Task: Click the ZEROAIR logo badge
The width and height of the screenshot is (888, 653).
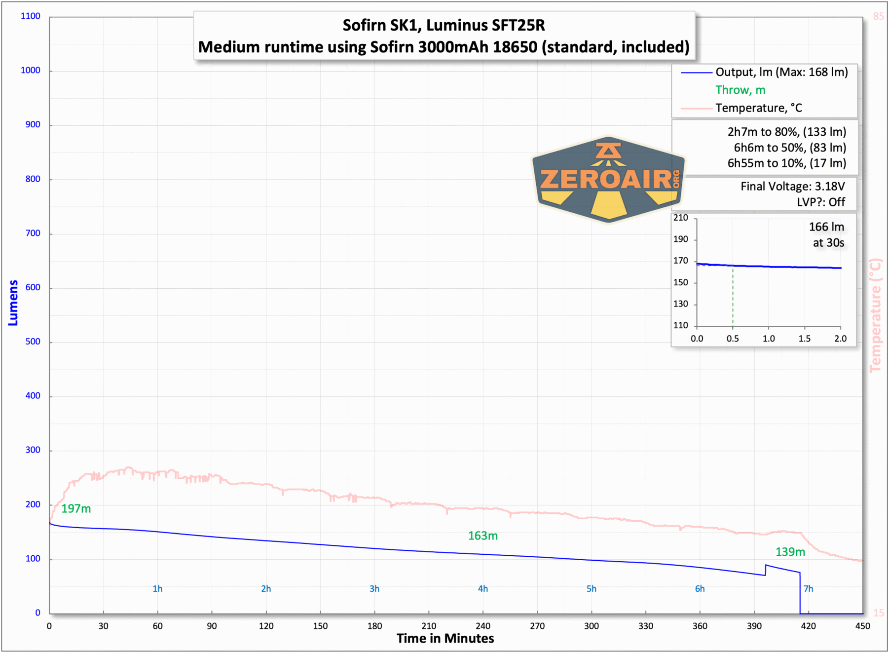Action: tap(608, 179)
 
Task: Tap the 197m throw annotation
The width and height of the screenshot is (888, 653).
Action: tap(76, 509)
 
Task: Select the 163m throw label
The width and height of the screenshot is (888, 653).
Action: tap(482, 536)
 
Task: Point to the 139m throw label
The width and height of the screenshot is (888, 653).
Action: tap(790, 552)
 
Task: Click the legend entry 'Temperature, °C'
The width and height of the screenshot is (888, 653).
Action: tap(758, 108)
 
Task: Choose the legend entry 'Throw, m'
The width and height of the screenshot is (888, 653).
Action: tap(740, 90)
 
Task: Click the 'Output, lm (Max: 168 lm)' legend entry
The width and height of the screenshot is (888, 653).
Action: tap(781, 73)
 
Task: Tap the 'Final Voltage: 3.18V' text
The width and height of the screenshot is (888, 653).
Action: tap(792, 187)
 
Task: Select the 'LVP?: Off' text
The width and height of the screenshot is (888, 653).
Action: tap(820, 202)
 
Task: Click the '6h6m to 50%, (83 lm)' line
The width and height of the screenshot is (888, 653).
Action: tap(789, 148)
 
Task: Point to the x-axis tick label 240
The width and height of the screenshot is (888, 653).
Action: tap(483, 626)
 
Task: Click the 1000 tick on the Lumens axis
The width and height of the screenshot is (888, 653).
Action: tap(31, 71)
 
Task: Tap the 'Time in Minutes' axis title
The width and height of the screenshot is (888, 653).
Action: tap(445, 639)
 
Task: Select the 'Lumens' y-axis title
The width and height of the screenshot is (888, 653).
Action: tap(13, 303)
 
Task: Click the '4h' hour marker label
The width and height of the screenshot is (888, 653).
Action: tap(482, 589)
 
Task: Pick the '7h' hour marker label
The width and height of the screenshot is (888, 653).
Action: tap(808, 589)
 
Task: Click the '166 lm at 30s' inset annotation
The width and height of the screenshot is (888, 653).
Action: tap(827, 235)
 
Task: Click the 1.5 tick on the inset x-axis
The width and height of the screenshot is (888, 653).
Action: tap(804, 339)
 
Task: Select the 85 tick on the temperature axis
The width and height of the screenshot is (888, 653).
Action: tap(878, 16)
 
